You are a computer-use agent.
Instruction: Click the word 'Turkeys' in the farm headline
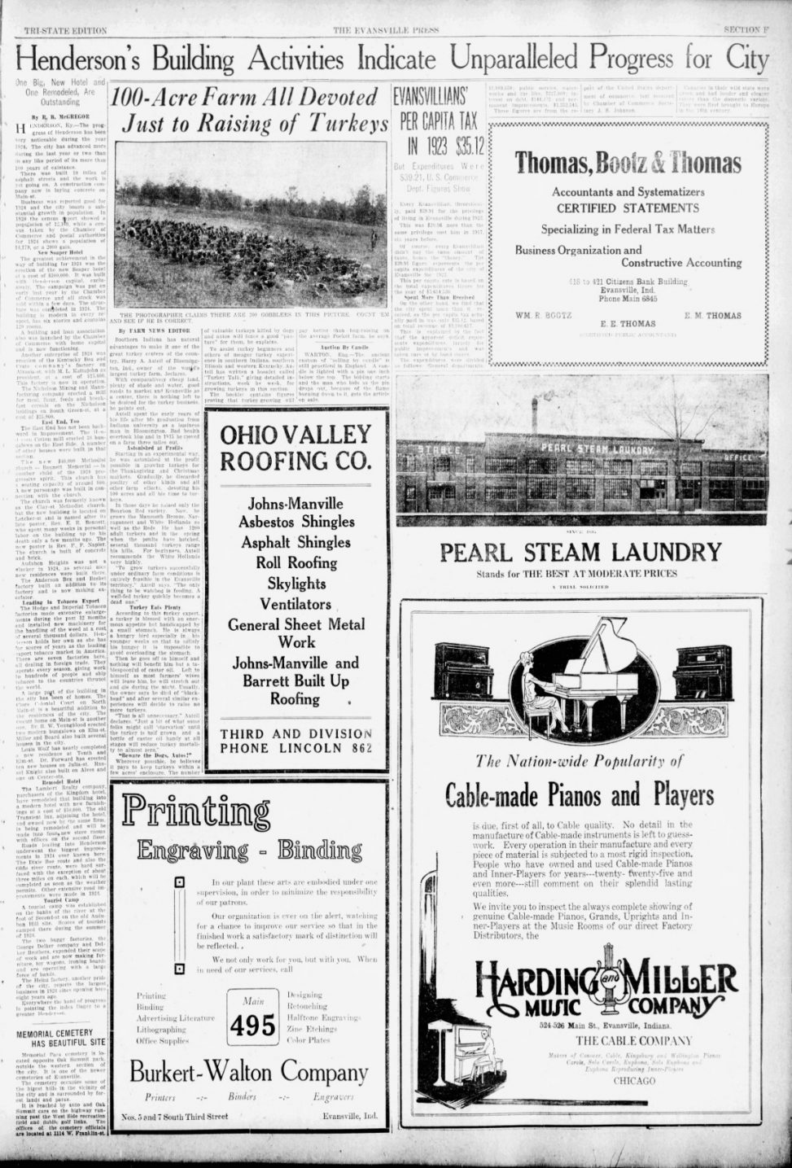pos(342,125)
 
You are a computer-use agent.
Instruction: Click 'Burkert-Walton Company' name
pos(248,1072)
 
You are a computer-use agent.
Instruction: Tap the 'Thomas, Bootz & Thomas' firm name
pos(628,163)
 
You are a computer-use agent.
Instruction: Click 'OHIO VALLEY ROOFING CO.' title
pos(295,448)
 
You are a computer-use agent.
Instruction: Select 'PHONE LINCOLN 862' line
pos(295,748)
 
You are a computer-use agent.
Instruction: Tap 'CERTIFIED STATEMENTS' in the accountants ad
pos(628,208)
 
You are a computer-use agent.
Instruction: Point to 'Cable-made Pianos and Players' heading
pos(580,794)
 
